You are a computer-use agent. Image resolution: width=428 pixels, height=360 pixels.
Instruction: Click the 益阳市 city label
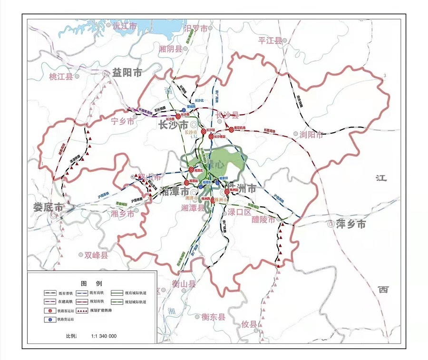(x=127, y=73)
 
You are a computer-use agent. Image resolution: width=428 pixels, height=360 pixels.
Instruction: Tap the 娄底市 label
(x=48, y=207)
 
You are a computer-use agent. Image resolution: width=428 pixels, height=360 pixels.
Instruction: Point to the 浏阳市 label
(x=311, y=135)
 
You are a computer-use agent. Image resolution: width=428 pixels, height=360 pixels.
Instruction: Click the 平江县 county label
(x=270, y=40)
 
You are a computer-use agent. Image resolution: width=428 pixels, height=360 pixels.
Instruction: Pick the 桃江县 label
(x=61, y=77)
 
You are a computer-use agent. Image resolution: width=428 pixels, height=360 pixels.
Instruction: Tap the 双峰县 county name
(x=97, y=255)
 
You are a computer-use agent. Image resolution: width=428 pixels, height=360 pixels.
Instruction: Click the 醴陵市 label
(x=263, y=220)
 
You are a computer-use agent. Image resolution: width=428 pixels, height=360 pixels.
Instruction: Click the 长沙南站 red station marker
(x=211, y=136)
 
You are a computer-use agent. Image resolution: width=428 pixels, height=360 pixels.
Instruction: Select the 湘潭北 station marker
(x=192, y=169)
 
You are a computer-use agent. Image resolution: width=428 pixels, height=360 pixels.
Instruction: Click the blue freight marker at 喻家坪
(x=217, y=183)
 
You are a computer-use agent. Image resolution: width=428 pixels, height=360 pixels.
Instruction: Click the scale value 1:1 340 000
(x=104, y=336)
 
